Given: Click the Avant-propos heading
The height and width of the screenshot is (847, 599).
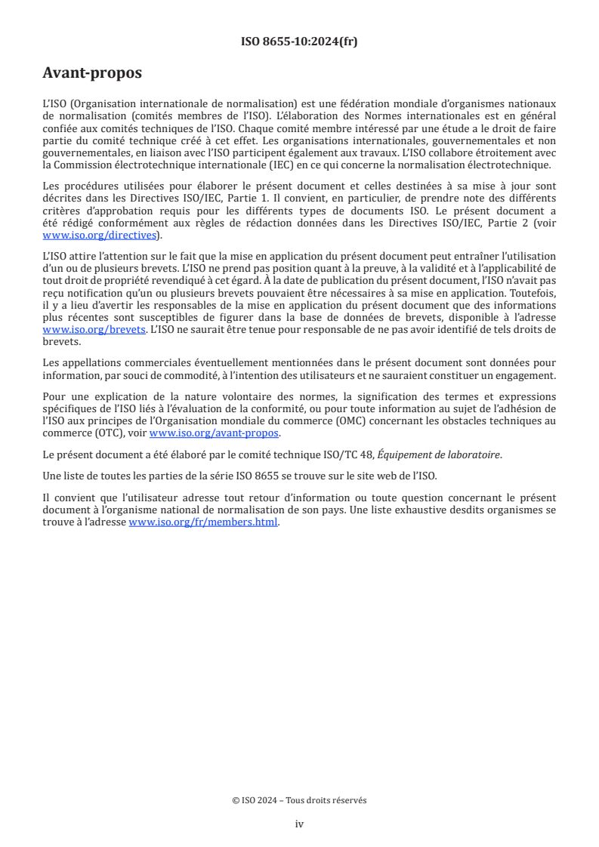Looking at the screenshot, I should [x=92, y=73].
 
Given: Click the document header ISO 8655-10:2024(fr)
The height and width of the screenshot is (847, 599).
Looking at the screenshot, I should [x=299, y=42].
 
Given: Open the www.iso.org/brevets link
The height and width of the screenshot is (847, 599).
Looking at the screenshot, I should [x=94, y=330].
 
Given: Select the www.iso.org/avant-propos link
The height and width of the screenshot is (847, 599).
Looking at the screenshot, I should [x=215, y=433].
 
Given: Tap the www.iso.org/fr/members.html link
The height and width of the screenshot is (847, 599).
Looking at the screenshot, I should [x=203, y=522].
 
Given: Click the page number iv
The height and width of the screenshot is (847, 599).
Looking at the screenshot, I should [x=299, y=824].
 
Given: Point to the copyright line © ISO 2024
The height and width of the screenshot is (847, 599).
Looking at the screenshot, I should [x=299, y=800].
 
